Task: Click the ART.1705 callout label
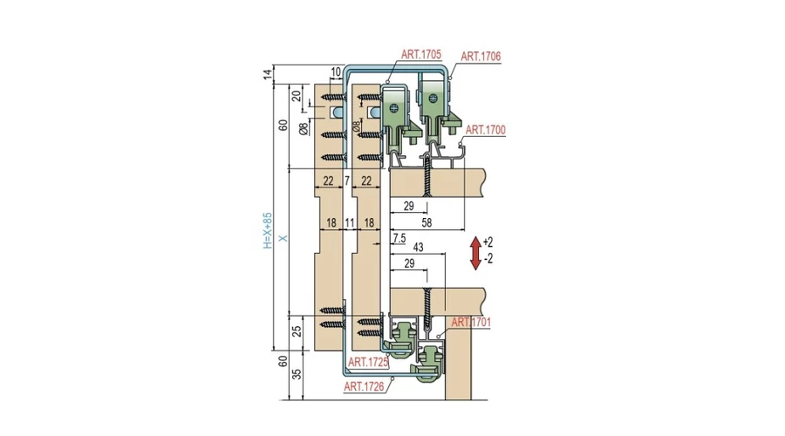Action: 421,55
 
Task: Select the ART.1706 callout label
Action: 481,57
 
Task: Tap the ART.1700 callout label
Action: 486,130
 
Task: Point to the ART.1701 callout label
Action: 471,323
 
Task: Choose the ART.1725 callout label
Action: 368,363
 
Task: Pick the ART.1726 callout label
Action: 364,386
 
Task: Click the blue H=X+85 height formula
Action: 268,231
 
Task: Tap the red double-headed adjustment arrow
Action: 475,253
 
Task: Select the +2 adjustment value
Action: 488,242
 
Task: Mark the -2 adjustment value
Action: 488,259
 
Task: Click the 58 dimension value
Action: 427,222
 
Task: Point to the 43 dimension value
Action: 418,248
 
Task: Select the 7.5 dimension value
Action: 399,239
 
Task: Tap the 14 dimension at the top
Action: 268,74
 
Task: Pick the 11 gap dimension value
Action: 350,222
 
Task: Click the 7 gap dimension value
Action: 347,181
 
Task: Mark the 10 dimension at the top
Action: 336,72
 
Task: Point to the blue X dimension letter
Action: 283,238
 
